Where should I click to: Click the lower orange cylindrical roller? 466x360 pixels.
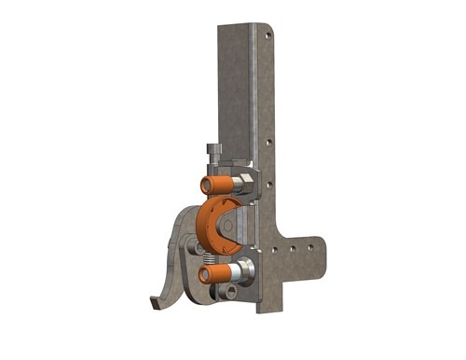pos(216,273)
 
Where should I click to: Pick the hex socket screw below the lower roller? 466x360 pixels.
pos(227,295)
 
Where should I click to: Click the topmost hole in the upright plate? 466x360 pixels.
pos(271,35)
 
